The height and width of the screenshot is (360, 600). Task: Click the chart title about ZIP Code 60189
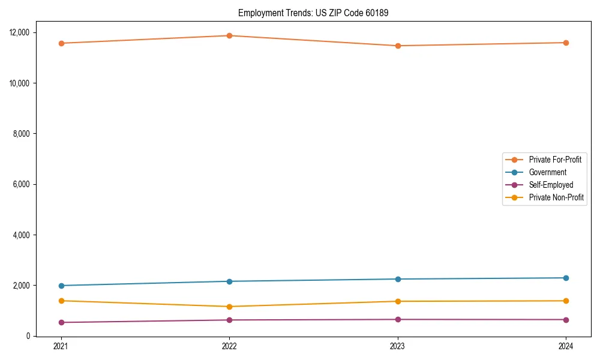coord(313,13)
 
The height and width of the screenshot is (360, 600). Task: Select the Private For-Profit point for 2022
coord(229,35)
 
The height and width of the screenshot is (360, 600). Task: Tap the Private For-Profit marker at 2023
coord(397,46)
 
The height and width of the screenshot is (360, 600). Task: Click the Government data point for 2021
coord(61,286)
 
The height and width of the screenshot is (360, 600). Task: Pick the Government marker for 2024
coord(566,278)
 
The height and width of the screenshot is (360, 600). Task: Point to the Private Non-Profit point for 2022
coord(229,307)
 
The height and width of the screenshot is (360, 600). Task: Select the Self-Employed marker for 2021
coord(61,322)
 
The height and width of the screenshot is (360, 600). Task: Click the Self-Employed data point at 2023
coord(397,319)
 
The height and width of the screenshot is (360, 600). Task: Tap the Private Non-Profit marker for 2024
coord(566,301)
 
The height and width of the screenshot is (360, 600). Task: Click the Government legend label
coord(547,172)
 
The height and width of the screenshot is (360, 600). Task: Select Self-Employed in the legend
coord(551,185)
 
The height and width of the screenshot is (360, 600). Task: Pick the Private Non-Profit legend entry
coord(556,197)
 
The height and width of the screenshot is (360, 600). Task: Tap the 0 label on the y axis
coord(28,336)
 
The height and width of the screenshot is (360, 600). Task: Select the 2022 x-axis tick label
coord(229,346)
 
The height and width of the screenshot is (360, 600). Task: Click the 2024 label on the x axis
coord(566,346)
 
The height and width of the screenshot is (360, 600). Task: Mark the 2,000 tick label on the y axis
coord(21,286)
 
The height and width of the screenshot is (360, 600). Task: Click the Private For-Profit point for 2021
coord(61,43)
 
